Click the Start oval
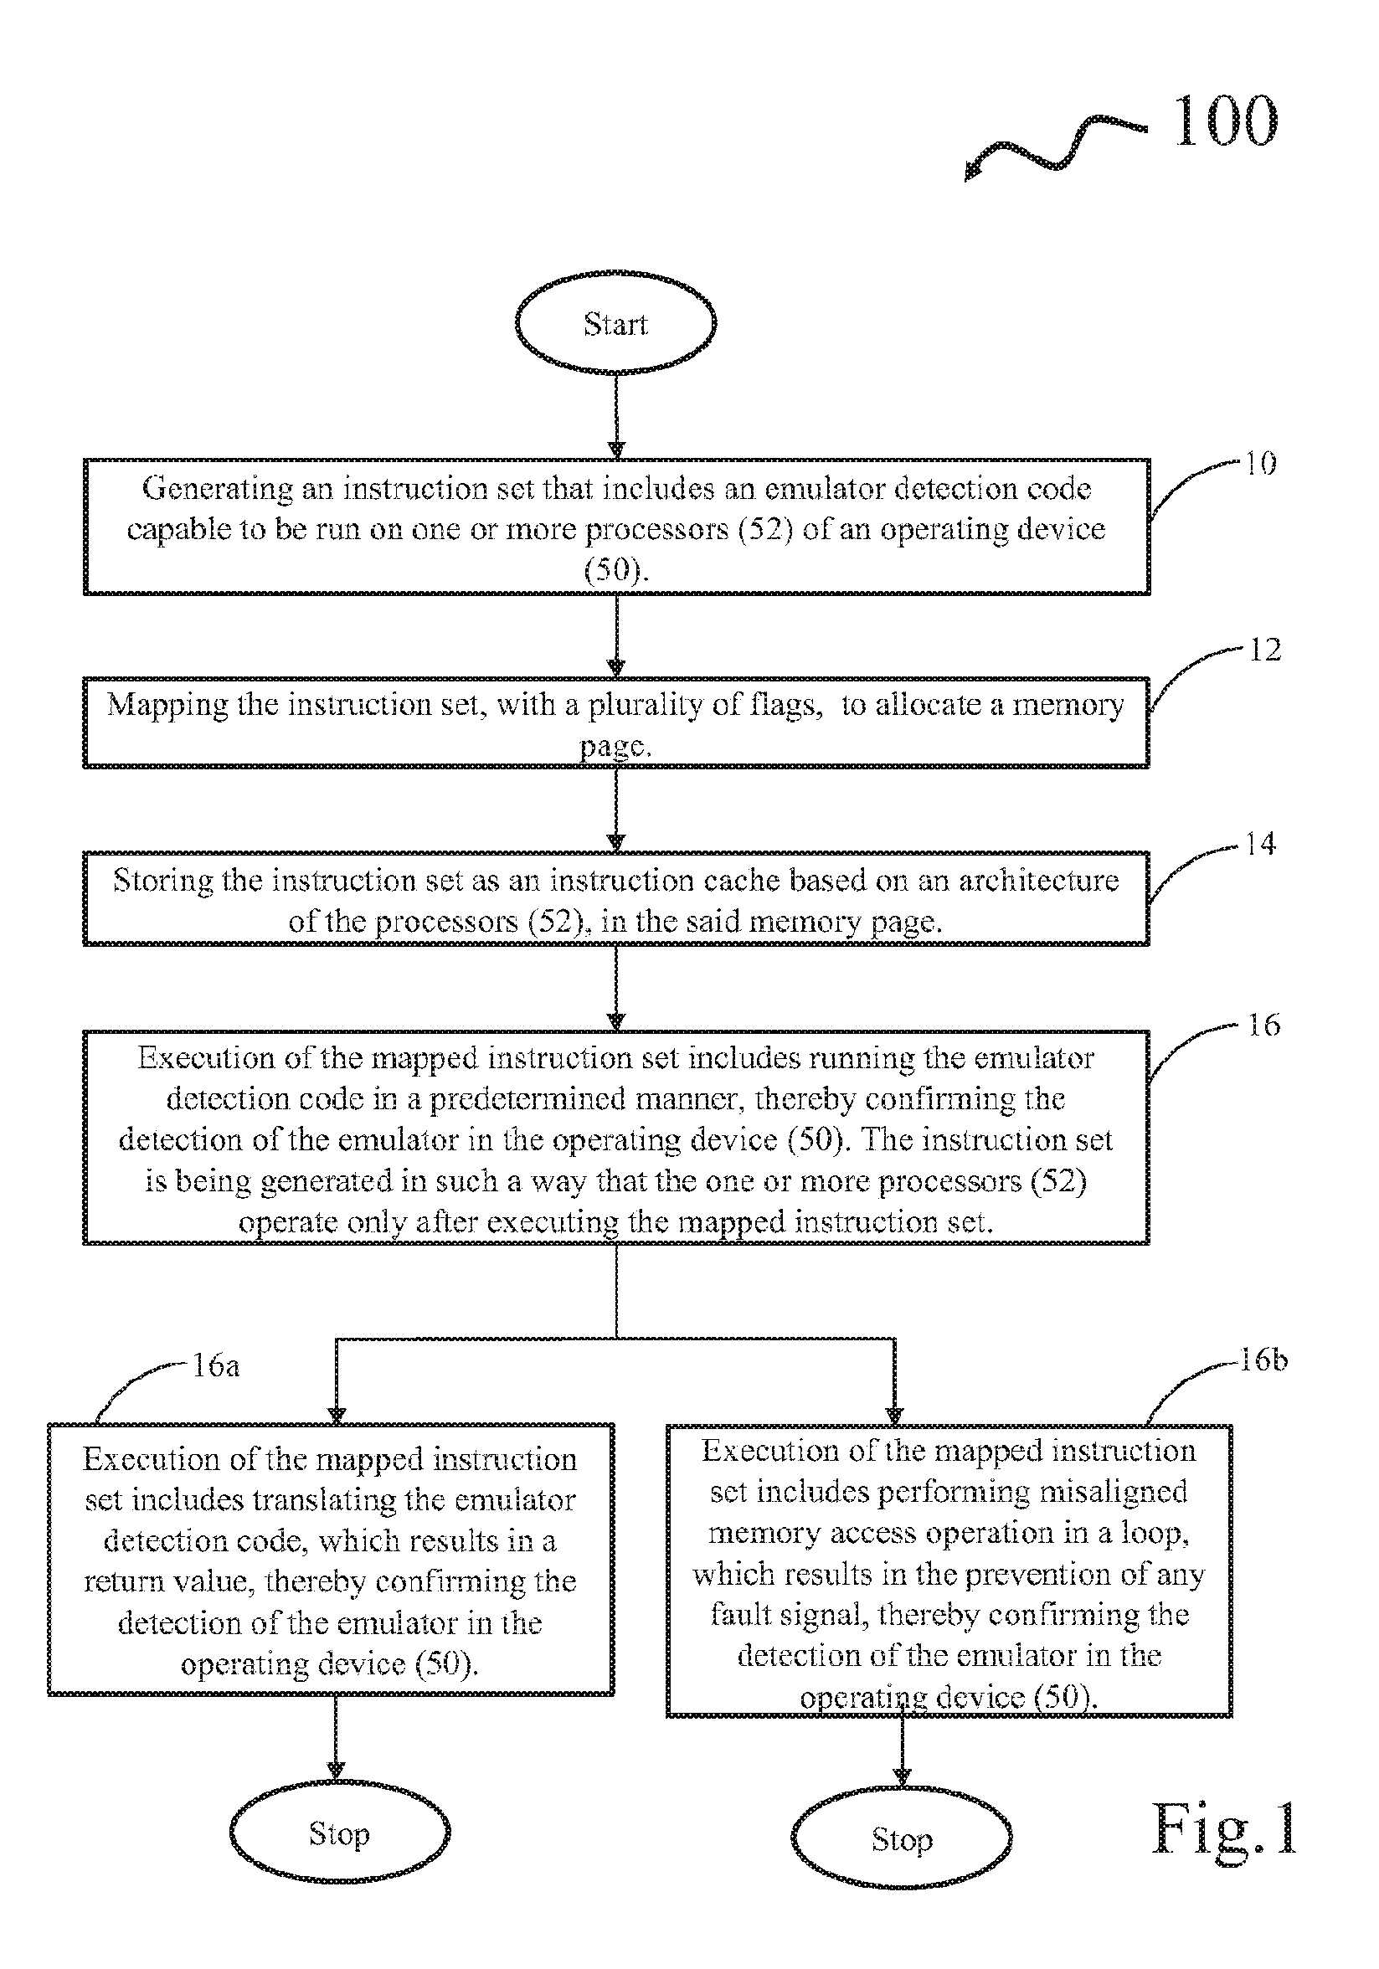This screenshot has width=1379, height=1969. [x=615, y=322]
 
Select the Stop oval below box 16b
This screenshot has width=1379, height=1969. [x=901, y=1839]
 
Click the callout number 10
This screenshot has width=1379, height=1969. [x=1260, y=464]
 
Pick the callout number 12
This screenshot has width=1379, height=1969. [x=1264, y=649]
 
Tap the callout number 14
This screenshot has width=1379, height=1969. [x=1260, y=844]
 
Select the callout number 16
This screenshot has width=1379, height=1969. [x=1263, y=1025]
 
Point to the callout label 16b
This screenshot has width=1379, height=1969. [x=1263, y=1360]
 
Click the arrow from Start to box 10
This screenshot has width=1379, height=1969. [x=615, y=416]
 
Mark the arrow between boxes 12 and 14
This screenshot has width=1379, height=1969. [x=615, y=809]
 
